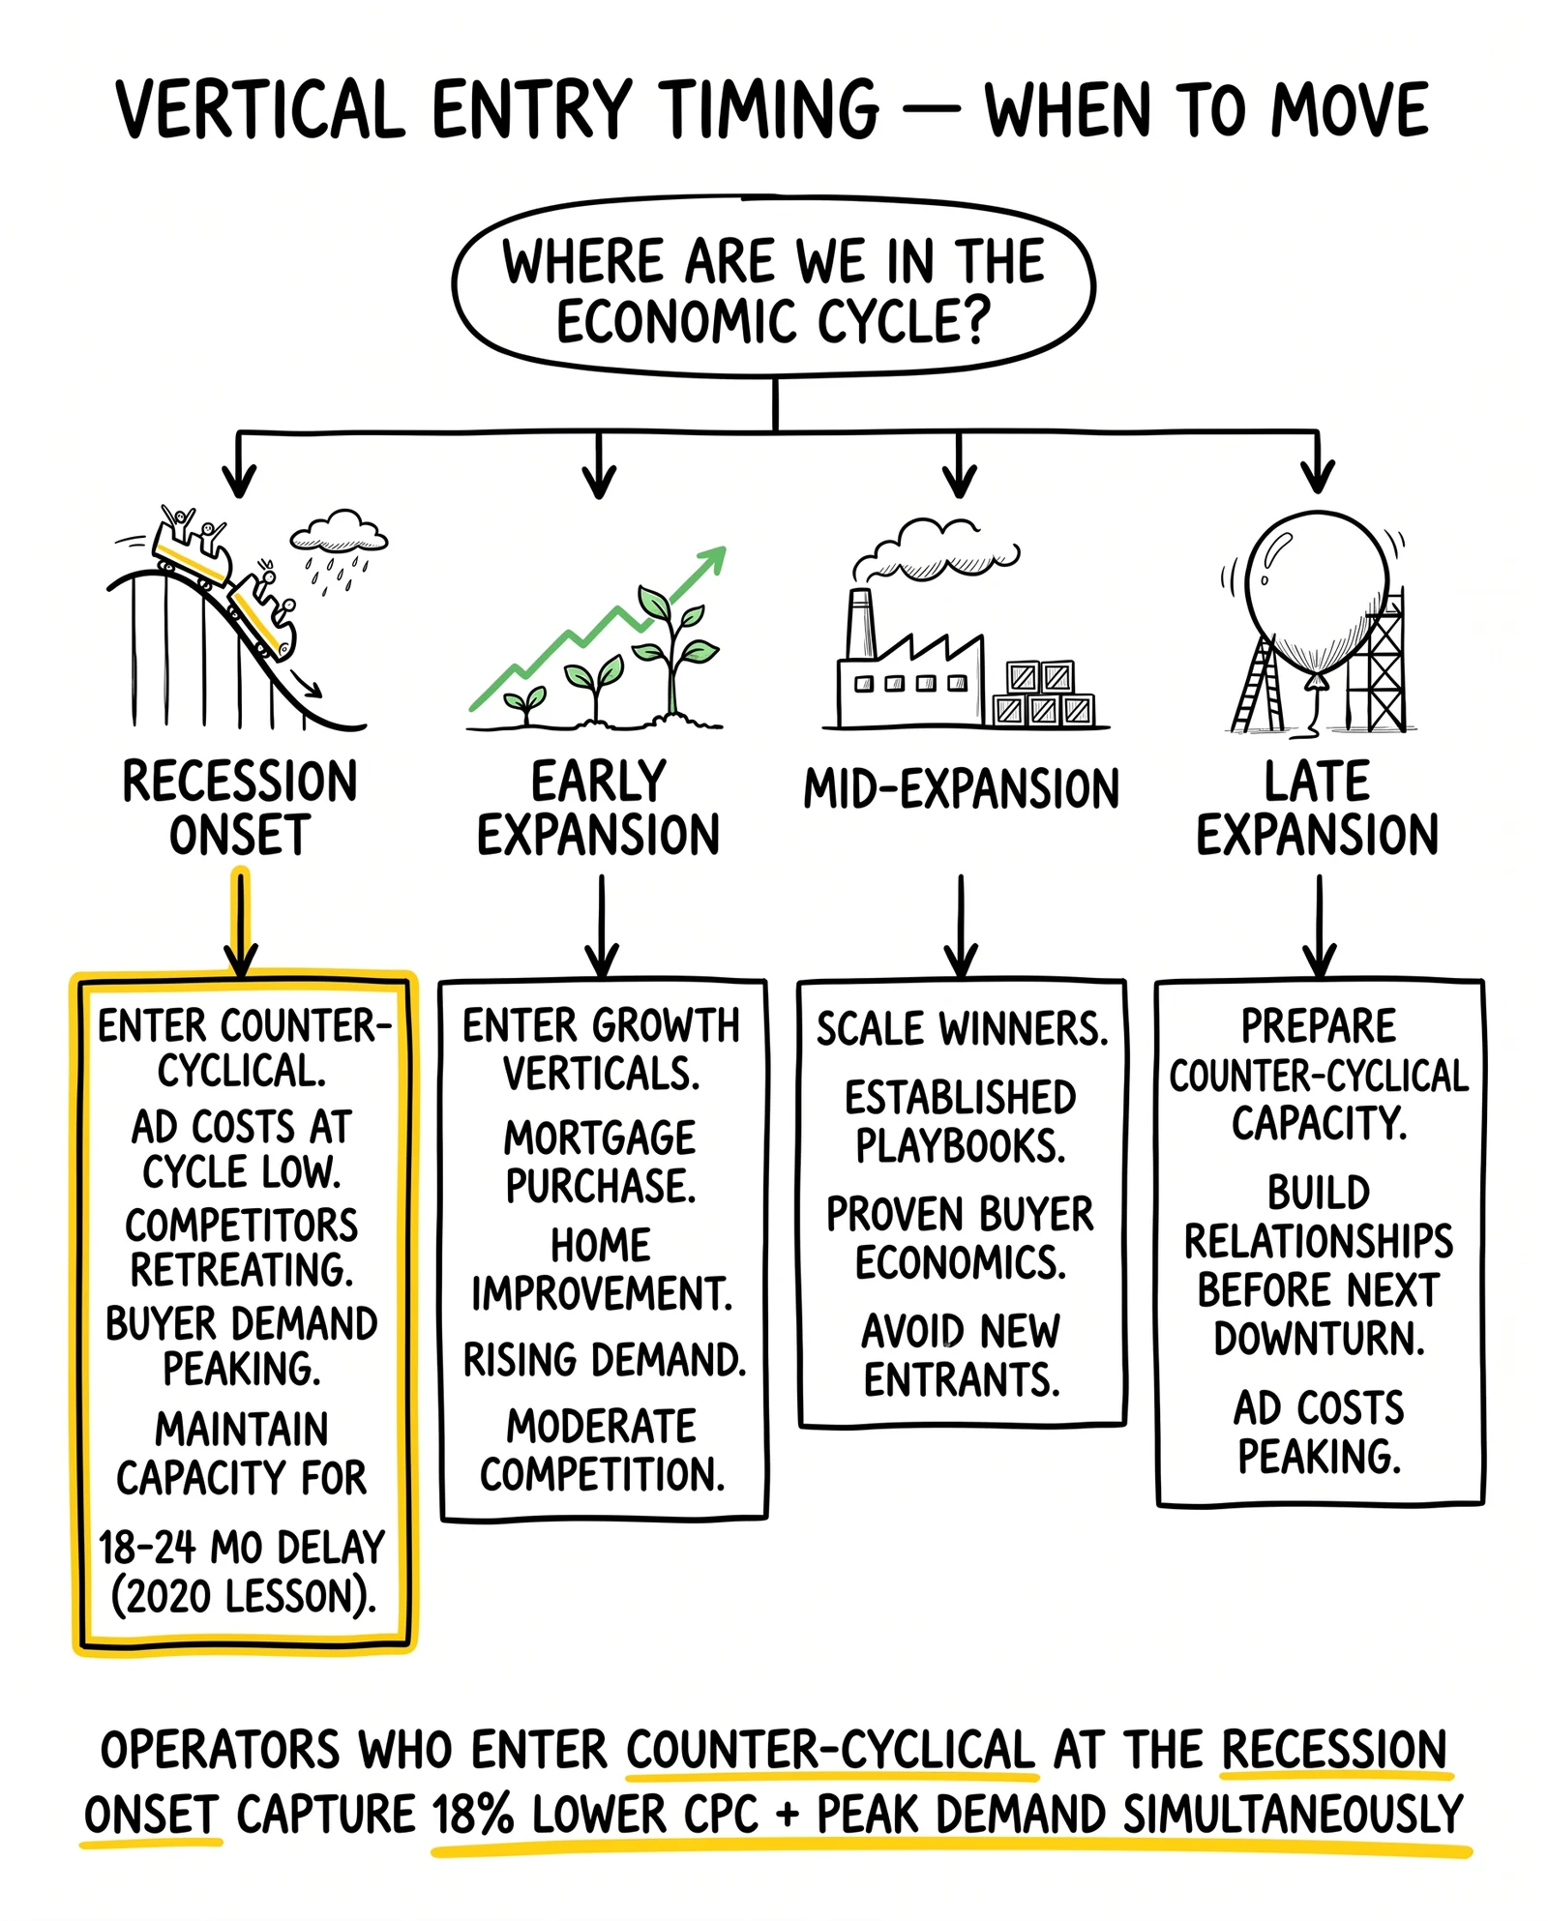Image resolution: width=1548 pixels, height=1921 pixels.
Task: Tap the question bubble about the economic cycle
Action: (773, 287)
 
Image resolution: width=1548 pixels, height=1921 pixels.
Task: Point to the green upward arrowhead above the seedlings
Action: (711, 561)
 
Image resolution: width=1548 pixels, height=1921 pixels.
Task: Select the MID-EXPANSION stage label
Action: (961, 789)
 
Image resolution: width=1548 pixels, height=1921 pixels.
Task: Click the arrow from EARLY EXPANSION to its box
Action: (602, 926)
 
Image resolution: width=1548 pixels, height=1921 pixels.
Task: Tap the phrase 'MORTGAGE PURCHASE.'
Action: (601, 1162)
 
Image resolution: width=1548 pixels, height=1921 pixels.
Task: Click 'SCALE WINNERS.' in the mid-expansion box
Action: (962, 1029)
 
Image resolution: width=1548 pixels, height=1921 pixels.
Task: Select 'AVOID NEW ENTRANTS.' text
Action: (962, 1355)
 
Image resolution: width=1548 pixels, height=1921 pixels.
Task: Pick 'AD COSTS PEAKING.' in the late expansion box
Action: (1319, 1433)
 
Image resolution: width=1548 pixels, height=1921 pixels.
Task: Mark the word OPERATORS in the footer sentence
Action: (222, 1751)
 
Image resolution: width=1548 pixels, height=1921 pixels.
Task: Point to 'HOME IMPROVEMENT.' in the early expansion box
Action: (601, 1269)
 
